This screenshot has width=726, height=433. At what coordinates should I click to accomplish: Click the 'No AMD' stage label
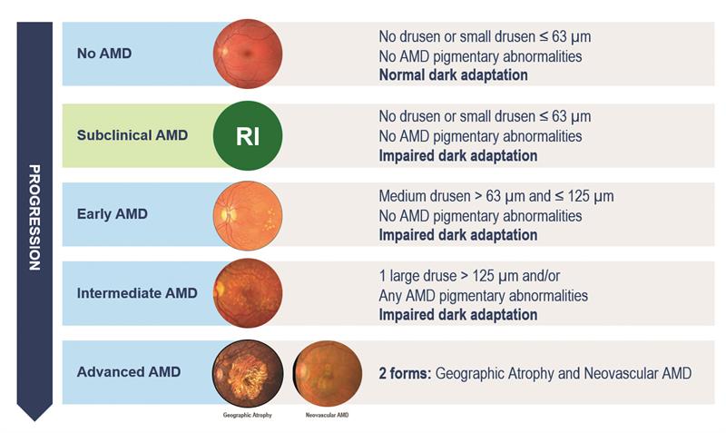(104, 54)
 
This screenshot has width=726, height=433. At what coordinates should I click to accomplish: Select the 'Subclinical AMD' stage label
(132, 135)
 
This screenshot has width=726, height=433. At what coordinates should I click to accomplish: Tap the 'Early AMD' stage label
(112, 214)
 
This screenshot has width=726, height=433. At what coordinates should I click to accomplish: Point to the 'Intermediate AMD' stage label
(137, 293)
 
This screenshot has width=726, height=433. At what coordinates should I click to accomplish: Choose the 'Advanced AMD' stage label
(129, 372)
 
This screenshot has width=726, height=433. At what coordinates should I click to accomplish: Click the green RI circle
(248, 135)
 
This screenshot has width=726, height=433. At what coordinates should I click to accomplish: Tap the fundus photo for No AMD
(248, 54)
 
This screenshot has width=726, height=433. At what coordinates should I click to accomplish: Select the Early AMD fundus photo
(248, 215)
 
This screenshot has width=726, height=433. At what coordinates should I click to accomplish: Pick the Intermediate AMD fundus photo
(248, 293)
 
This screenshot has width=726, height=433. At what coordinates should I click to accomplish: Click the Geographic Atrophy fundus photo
(248, 373)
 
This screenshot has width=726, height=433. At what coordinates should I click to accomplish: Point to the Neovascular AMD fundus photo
(328, 373)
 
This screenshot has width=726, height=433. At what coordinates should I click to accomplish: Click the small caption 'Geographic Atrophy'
(247, 415)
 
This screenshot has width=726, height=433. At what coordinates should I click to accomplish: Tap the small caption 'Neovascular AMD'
(327, 415)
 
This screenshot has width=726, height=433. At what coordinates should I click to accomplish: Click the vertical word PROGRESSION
(34, 217)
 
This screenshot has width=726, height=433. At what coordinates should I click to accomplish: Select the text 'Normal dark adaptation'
(453, 75)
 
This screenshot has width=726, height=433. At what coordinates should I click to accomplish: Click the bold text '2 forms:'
(405, 373)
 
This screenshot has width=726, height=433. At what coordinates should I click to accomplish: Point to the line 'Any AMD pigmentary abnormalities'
(484, 295)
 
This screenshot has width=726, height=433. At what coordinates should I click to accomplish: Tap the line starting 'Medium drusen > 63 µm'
(496, 196)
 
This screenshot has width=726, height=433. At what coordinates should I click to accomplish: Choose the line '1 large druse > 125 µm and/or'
(469, 276)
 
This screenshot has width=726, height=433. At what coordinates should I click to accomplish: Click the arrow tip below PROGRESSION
(34, 420)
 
